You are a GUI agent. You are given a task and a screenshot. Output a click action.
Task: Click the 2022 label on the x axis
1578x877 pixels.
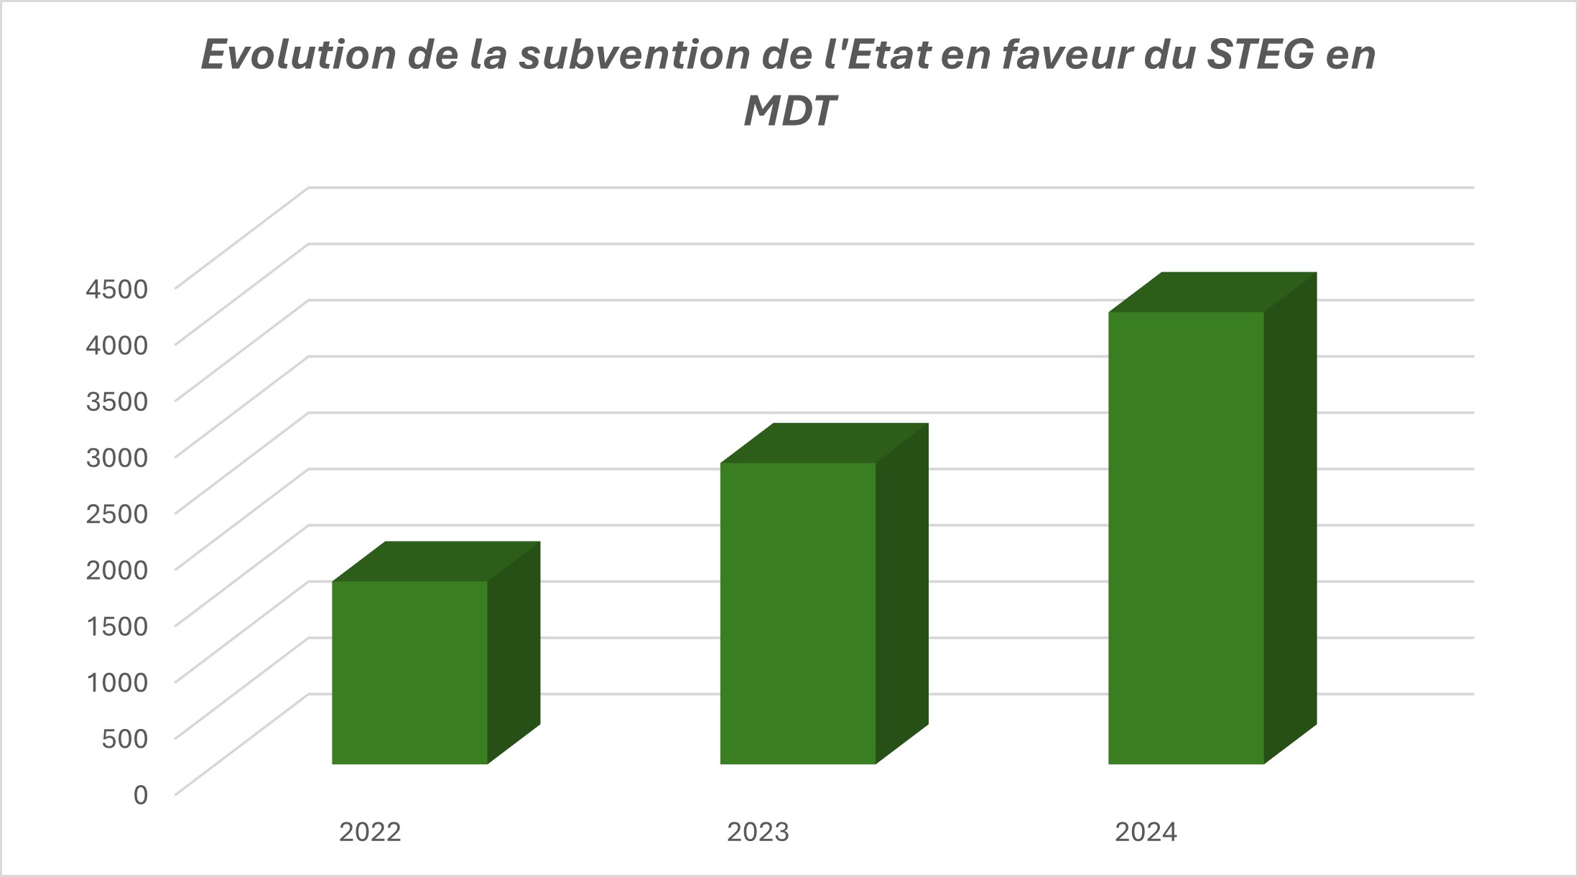point(370,832)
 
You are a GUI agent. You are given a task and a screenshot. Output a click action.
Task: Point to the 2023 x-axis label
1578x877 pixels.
point(758,832)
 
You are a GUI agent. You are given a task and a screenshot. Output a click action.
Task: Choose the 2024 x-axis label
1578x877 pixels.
point(1146,832)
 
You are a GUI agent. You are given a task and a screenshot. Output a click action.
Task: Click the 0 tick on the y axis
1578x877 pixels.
point(141,794)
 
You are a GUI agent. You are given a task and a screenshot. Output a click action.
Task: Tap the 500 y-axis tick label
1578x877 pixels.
point(125,738)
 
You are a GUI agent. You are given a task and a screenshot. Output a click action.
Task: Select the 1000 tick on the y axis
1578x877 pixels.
point(117,682)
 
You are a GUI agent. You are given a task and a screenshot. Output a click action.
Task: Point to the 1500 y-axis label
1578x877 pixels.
point(117,626)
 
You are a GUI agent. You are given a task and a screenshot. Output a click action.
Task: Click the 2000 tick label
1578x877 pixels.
point(117,570)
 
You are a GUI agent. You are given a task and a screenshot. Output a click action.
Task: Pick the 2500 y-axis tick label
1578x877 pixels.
point(117,513)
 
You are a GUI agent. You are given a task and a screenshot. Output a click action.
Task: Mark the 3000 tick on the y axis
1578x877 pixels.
point(117,457)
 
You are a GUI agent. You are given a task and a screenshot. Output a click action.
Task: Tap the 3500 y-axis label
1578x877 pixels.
point(117,401)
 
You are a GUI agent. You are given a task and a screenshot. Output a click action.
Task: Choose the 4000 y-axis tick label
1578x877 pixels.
point(117,345)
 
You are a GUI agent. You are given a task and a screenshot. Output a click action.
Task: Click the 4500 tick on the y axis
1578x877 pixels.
point(117,289)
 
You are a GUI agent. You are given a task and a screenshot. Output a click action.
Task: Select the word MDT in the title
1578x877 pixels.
point(789,111)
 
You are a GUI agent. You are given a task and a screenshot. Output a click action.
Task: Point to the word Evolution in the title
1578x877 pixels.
point(298,55)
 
